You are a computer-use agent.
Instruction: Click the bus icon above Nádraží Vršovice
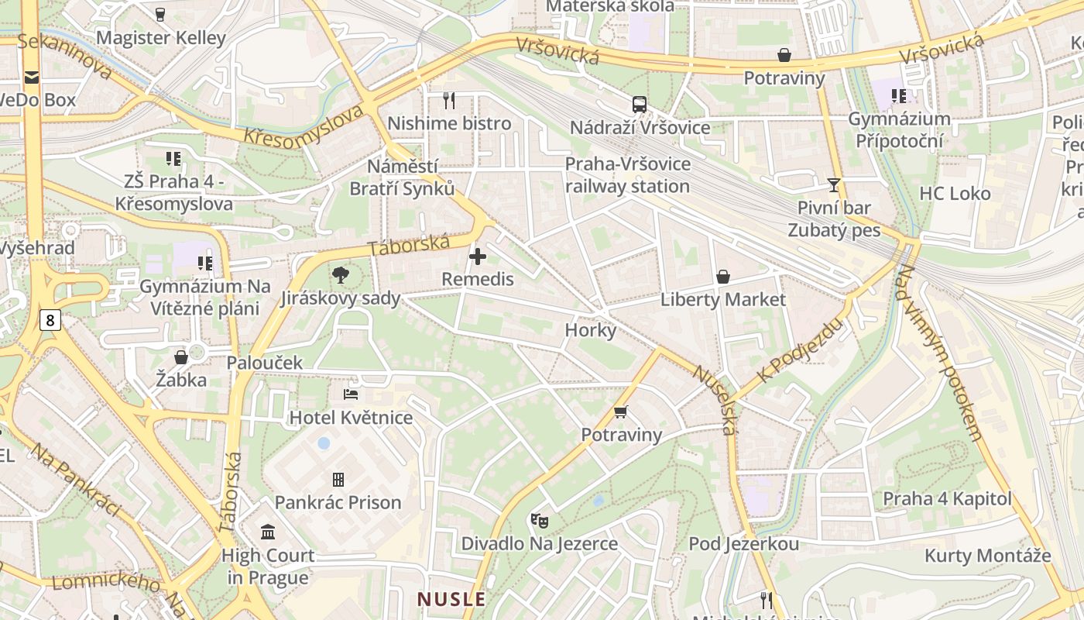tap(640, 105)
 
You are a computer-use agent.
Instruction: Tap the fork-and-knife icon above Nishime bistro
tap(448, 100)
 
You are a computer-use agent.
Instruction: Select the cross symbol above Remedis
tap(478, 257)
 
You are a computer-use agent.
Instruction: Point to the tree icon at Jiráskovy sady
tap(340, 274)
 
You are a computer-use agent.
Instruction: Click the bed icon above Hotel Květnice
tap(351, 394)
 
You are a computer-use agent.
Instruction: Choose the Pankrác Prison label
tap(338, 502)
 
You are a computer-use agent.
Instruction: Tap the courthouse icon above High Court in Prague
tap(268, 532)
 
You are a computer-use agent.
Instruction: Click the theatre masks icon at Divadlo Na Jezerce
tap(539, 520)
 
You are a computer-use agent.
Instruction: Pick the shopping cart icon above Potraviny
tap(620, 412)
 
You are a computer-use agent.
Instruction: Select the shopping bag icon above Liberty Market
tap(723, 277)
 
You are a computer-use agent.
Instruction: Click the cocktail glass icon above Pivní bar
tap(834, 184)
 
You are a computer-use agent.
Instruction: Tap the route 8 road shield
tap(50, 320)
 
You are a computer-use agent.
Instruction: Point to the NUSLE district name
tap(451, 599)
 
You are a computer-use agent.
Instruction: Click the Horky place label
tap(591, 330)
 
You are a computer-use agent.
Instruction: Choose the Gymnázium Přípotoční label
tap(899, 129)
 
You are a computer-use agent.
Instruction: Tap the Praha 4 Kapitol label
tap(947, 498)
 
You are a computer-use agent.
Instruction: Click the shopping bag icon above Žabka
tap(181, 357)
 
